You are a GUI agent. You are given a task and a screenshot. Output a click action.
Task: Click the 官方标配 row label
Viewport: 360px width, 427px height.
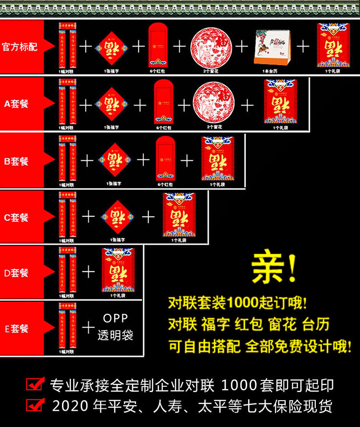(x=20, y=47)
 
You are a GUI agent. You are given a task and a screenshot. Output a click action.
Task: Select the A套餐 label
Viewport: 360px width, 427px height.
(x=17, y=104)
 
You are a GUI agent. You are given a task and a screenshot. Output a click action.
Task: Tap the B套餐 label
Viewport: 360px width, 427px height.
(x=17, y=161)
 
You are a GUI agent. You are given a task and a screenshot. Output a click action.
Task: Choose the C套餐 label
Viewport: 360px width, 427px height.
(x=17, y=217)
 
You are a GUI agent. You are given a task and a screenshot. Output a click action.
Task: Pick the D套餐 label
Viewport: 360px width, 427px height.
(x=17, y=273)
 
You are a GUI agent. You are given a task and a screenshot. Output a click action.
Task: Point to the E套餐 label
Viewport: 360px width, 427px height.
(x=17, y=329)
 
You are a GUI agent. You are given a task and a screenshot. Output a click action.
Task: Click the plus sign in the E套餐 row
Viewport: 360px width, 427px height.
(x=88, y=328)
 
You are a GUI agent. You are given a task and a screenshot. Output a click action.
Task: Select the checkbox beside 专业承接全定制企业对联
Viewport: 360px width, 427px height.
(x=35, y=384)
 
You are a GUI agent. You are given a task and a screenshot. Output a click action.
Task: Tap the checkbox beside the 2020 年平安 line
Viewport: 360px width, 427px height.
(x=35, y=405)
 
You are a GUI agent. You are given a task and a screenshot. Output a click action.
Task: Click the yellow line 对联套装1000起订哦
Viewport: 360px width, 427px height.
(x=237, y=303)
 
